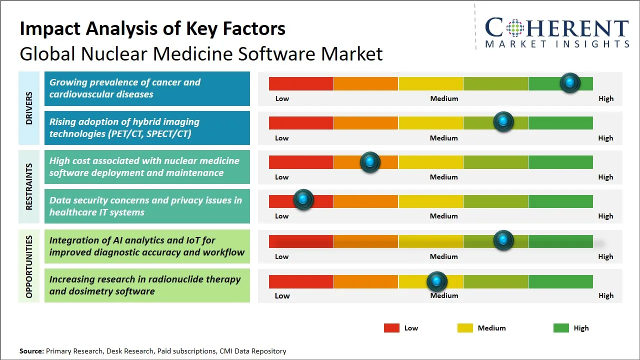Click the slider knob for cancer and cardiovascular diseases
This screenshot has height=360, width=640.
pyautogui.click(x=570, y=83)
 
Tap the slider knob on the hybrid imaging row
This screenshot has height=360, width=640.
pyautogui.click(x=503, y=122)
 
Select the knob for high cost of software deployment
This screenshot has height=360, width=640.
pyautogui.click(x=370, y=162)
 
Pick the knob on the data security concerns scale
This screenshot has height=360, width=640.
pyautogui.click(x=303, y=199)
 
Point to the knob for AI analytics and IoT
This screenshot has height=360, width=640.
pyautogui.click(x=503, y=240)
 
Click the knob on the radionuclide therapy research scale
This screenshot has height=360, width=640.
pyautogui.click(x=437, y=281)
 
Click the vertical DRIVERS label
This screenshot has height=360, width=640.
pyautogui.click(x=29, y=108)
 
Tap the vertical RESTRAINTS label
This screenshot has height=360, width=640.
pyautogui.click(x=29, y=186)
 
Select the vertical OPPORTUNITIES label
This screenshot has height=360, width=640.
pyautogui.click(x=29, y=266)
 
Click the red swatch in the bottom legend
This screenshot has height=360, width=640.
pyautogui.click(x=391, y=328)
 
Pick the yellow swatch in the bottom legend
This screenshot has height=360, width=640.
pyautogui.click(x=465, y=328)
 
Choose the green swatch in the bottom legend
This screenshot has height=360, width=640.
pyautogui.click(x=561, y=328)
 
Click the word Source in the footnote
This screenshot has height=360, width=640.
pyautogui.click(x=31, y=351)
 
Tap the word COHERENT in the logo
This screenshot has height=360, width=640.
pyautogui.click(x=556, y=28)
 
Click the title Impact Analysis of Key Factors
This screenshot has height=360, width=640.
pyautogui.click(x=152, y=28)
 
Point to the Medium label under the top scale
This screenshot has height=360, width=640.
pyautogui.click(x=444, y=98)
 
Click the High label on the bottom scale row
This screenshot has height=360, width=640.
pyautogui.click(x=606, y=295)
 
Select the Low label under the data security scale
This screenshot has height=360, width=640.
pyautogui.click(x=282, y=216)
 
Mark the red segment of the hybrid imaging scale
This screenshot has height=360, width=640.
pyautogui.click(x=301, y=123)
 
